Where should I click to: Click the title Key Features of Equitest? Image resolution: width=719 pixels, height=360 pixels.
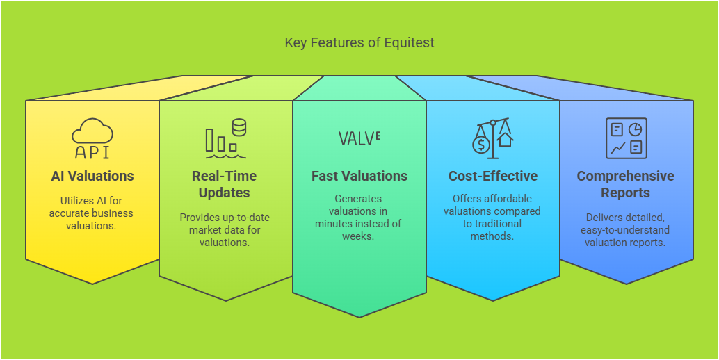coord(359,42)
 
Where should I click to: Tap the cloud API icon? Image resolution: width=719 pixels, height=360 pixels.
coord(92,138)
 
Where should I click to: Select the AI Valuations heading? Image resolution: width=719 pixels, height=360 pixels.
coord(92,176)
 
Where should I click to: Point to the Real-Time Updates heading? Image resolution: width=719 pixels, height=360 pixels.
coord(224,184)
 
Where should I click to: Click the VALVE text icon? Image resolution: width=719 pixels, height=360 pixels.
coord(359,138)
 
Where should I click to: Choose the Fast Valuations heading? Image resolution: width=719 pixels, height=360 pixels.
coord(359,176)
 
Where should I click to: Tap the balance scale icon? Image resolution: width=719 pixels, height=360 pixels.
coord(493,138)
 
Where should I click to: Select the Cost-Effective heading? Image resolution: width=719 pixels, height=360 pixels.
coord(493,176)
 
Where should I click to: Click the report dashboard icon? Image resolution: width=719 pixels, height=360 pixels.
coord(627,138)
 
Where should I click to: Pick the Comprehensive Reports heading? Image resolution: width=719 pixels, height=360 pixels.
coord(625,184)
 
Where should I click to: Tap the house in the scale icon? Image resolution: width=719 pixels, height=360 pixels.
coord(505,139)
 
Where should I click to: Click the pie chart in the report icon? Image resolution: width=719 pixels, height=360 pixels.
coord(635,130)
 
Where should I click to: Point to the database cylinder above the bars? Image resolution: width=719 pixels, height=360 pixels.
coord(239,127)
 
